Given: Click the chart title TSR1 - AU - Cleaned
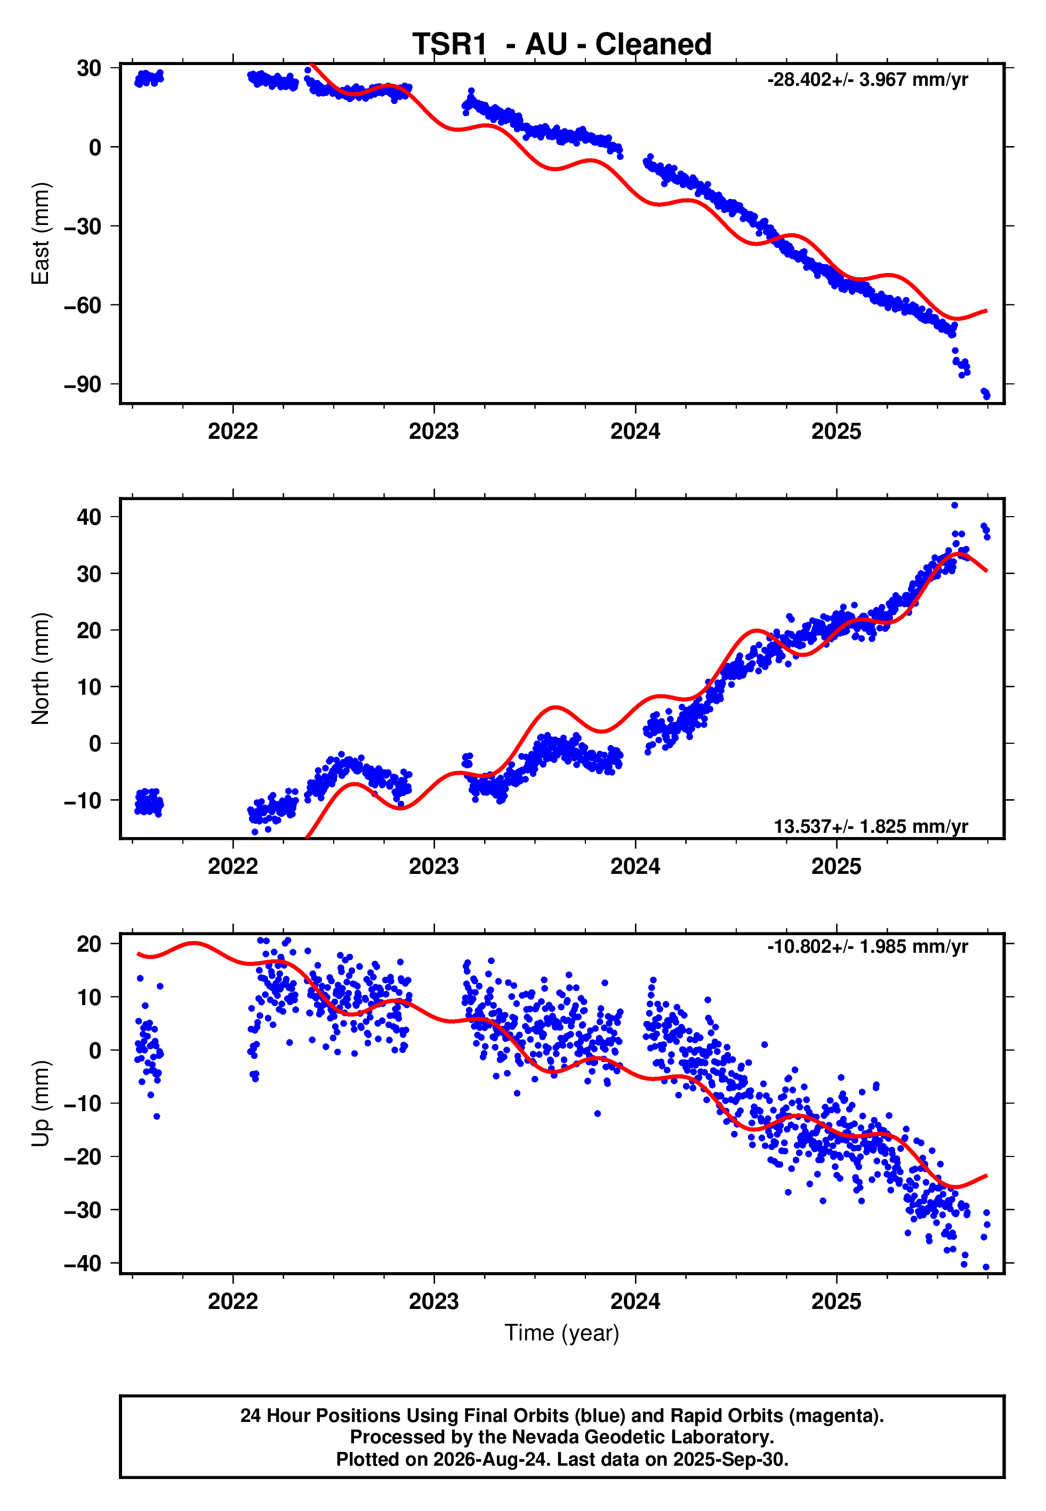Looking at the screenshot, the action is click(562, 45).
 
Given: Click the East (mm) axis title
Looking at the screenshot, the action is click(40, 234).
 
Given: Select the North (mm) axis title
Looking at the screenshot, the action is click(40, 669).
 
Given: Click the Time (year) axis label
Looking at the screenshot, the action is click(562, 1333).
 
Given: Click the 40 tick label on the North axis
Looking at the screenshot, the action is click(89, 517).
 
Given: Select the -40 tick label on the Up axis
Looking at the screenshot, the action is click(83, 1263).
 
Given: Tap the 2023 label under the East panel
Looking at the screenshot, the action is click(434, 432).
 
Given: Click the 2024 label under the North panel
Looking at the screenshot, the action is click(635, 867).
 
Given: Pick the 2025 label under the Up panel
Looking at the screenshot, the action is click(836, 1301).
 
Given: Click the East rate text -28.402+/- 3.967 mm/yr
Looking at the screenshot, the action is click(868, 80).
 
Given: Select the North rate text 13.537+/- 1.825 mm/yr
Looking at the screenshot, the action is click(871, 827).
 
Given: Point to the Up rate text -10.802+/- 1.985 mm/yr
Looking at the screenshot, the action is click(868, 947).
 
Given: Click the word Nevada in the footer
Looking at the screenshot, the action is click(541, 1437).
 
